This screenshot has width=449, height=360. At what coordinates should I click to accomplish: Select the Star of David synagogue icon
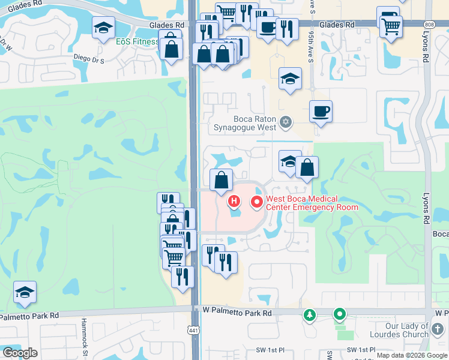click(286, 122)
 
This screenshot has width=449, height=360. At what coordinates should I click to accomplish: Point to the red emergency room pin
click(258, 202)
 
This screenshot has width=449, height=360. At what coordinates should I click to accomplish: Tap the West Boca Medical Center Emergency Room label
click(312, 203)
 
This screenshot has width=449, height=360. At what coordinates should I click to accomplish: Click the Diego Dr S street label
click(88, 61)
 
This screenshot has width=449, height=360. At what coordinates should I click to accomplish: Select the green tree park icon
click(310, 314)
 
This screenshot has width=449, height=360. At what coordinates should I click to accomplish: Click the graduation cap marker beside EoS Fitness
click(103, 27)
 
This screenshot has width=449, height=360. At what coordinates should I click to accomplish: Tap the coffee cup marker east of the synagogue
click(321, 111)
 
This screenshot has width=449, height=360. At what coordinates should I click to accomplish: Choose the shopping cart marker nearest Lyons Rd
click(391, 25)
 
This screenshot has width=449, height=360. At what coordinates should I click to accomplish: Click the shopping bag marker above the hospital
click(221, 179)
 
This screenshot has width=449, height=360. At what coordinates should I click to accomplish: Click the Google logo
click(19, 353)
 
